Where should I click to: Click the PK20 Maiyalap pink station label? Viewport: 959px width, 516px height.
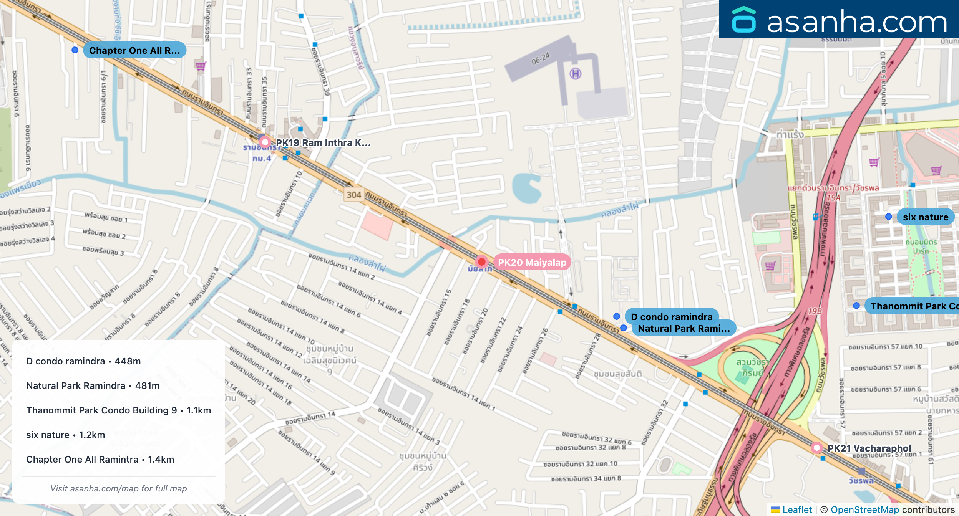532,262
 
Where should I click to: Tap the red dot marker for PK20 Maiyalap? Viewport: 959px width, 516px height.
481,262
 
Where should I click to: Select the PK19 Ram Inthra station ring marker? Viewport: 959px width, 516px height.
265,142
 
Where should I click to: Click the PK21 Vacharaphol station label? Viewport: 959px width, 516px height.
869,448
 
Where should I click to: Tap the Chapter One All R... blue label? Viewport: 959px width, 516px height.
134,50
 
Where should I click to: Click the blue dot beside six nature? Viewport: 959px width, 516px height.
888,217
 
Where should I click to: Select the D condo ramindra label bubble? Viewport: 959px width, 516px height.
672,317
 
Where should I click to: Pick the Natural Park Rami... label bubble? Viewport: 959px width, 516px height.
684,328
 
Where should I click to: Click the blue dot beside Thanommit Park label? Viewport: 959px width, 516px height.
856,306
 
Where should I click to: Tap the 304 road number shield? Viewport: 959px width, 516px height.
353,195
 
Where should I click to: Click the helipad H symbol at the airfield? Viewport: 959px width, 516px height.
575,73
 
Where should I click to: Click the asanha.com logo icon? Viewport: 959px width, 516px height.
743,20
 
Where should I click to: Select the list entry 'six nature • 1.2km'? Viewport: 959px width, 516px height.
65,435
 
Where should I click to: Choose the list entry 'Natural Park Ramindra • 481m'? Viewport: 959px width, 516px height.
93,385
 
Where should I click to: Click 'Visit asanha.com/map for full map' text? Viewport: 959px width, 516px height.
118,488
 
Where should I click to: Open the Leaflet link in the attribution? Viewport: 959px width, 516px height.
797,509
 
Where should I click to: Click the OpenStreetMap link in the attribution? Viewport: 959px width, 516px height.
864,509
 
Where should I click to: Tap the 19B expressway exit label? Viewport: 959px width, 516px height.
815,311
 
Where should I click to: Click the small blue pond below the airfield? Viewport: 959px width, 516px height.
527,188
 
